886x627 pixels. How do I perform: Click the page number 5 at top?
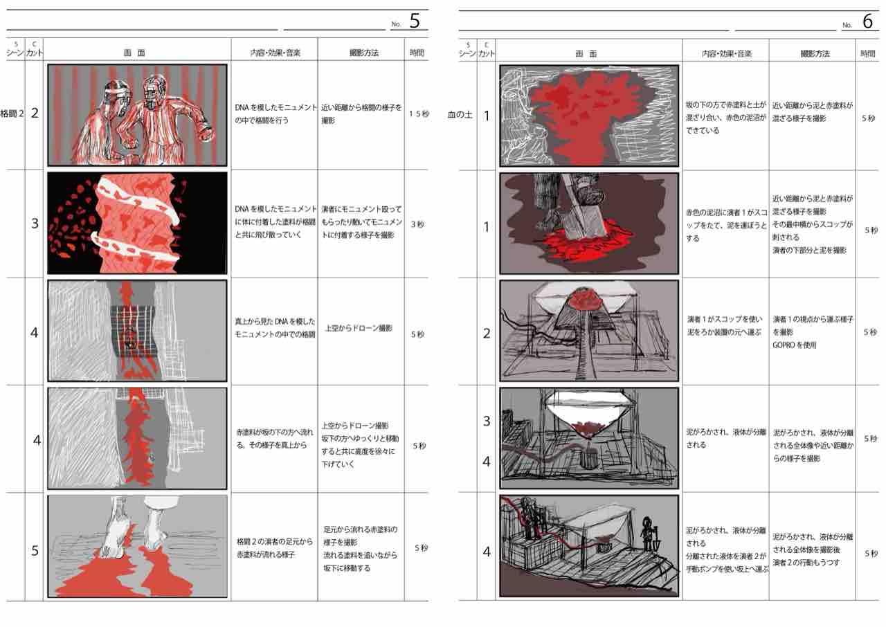(415, 21)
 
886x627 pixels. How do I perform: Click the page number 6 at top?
(867, 21)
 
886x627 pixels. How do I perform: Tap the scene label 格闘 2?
(12, 114)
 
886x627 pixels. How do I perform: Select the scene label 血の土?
(460, 115)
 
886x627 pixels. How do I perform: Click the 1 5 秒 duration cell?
(419, 114)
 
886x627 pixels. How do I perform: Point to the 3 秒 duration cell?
(417, 224)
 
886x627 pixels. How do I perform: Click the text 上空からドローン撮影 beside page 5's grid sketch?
(359, 328)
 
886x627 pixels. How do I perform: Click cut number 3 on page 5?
(35, 224)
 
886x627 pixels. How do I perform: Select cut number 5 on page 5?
(35, 551)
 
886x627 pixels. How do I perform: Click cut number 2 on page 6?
(487, 334)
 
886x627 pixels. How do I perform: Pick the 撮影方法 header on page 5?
(364, 53)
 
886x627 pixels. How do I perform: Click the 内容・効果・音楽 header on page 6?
(727, 53)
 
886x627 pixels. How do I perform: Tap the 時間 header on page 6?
(868, 53)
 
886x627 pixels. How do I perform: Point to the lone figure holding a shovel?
(647, 534)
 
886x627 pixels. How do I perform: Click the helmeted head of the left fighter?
(116, 93)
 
